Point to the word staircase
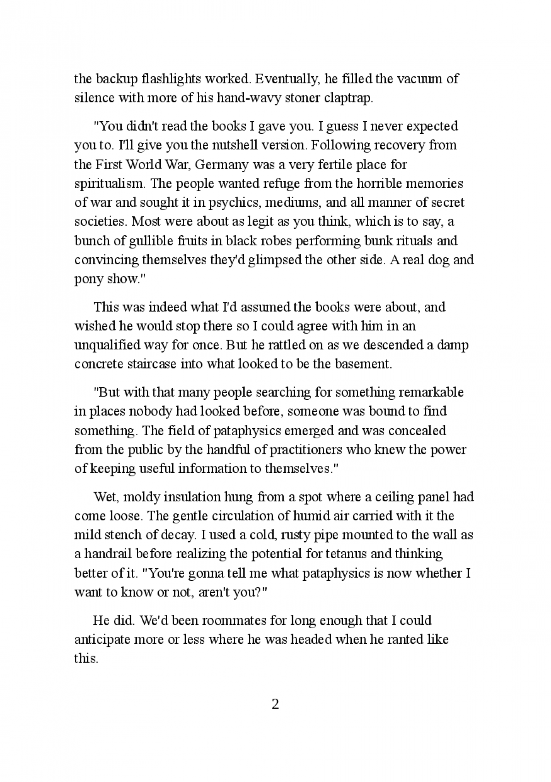coord(152,364)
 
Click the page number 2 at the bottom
coord(275,704)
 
